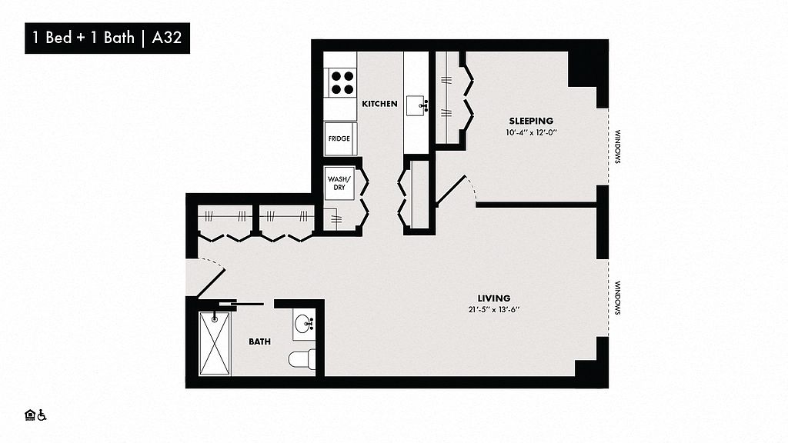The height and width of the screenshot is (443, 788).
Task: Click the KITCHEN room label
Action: click(379, 104)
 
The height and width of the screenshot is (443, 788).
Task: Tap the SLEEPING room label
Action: click(531, 121)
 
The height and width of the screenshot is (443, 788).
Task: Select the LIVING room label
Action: click(494, 298)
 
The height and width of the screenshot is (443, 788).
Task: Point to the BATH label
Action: click(260, 341)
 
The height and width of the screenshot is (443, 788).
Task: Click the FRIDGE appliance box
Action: click(339, 138)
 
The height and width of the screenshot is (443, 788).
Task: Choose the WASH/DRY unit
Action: click(339, 183)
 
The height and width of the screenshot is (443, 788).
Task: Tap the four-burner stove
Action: click(342, 83)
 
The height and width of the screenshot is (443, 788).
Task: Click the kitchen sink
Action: click(417, 105)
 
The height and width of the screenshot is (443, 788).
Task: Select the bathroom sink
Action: click(304, 324)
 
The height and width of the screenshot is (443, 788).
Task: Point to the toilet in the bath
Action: click(302, 359)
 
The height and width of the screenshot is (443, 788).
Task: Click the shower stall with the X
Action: click(215, 343)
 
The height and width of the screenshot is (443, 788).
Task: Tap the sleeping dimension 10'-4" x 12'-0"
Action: click(532, 133)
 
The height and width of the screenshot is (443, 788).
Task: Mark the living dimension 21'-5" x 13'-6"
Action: click(494, 310)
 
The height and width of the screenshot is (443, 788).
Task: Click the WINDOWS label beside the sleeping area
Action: click(618, 147)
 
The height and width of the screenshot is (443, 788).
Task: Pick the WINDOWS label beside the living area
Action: click(618, 298)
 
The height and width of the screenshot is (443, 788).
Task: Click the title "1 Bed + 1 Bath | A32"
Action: click(107, 38)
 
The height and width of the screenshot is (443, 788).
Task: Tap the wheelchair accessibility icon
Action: click(42, 415)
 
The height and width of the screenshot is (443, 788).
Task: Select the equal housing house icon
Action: click(30, 415)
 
